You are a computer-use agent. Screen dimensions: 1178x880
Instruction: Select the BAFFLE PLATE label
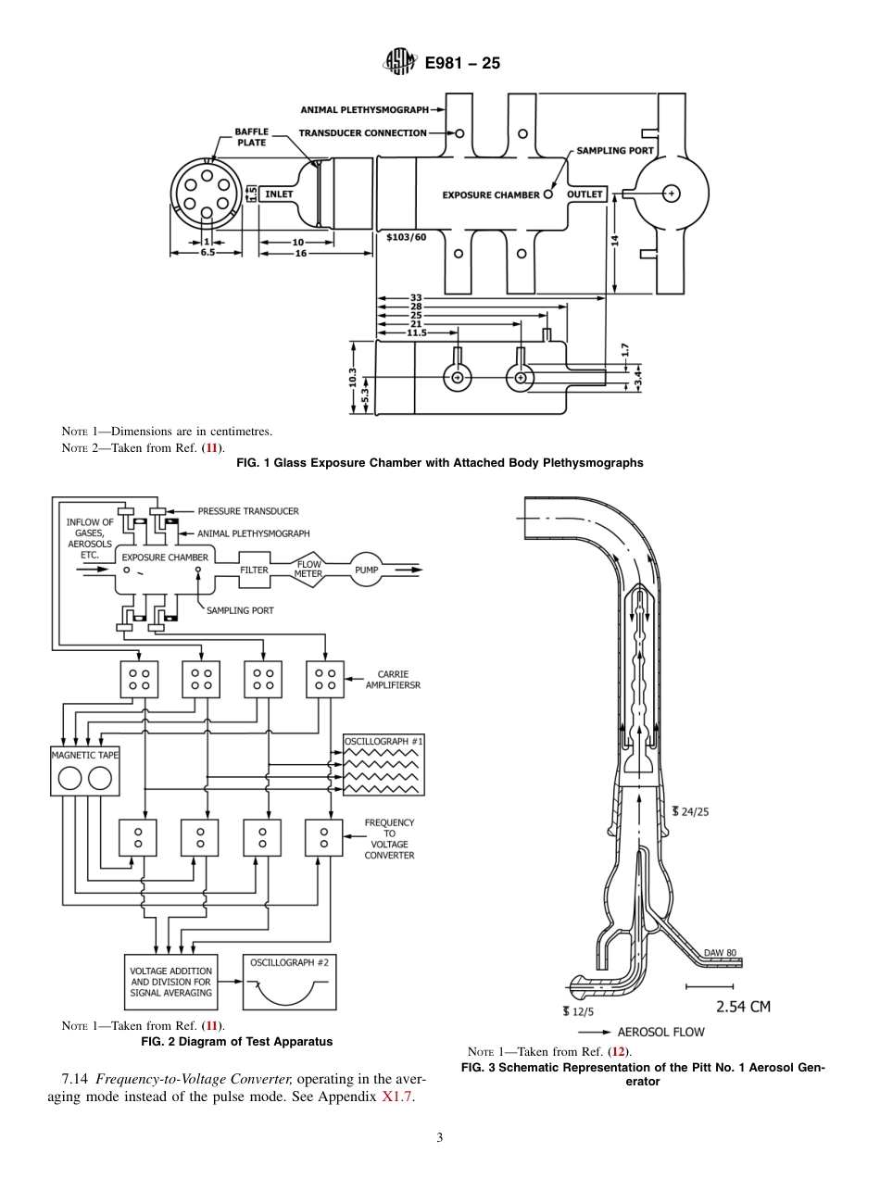(250, 137)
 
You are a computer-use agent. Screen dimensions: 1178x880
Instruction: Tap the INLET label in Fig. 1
(279, 194)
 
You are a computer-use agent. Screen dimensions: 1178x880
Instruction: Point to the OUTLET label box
(585, 194)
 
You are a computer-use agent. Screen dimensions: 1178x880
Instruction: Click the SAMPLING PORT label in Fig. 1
(615, 150)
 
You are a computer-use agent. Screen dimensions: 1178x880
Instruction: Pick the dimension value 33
(416, 298)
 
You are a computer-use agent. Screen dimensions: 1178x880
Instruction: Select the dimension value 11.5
(417, 332)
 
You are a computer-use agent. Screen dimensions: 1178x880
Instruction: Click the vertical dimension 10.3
(353, 378)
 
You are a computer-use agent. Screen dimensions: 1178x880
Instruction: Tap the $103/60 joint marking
(406, 237)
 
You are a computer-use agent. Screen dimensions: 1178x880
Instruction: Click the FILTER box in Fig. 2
(255, 570)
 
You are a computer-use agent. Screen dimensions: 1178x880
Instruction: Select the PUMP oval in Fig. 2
(367, 570)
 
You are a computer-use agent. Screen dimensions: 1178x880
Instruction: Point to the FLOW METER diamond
(308, 570)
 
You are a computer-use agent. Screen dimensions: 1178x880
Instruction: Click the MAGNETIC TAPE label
(84, 755)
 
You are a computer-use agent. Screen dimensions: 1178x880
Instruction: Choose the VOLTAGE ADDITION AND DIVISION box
(171, 982)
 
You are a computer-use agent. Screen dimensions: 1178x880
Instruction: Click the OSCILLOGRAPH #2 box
(289, 982)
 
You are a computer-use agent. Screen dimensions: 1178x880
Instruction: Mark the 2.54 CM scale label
(743, 1007)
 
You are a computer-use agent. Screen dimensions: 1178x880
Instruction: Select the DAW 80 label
(720, 953)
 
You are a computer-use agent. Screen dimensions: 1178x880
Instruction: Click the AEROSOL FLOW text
(660, 1032)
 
